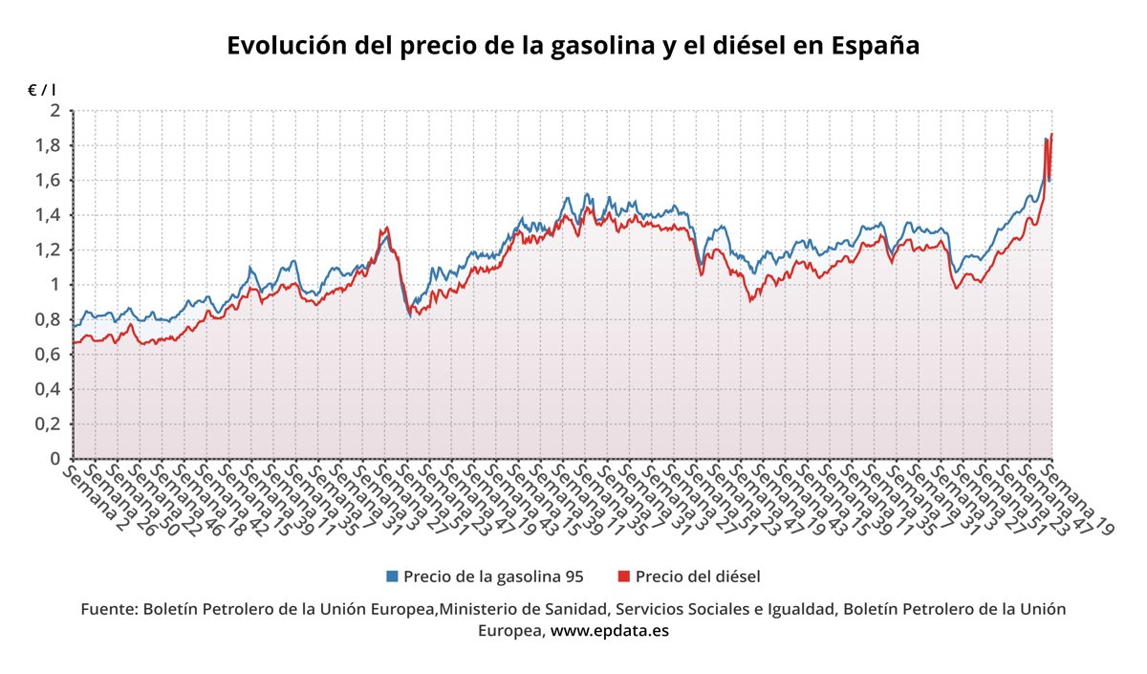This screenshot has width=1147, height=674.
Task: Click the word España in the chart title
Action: pos(876,46)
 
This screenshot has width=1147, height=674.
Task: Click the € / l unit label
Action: pos(41,90)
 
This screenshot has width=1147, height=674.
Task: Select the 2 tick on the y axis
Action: pos(54,111)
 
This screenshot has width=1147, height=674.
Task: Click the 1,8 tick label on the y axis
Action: pos(49,145)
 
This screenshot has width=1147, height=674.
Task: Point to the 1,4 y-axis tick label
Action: pos(49,215)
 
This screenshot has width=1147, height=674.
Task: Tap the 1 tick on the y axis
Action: pos(54,285)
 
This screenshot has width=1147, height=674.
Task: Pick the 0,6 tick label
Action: pos(49,355)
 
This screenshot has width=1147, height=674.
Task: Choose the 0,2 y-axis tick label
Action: pos(49,424)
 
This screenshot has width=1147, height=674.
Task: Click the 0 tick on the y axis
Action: pos(54,459)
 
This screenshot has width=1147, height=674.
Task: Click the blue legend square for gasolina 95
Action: pos(392,576)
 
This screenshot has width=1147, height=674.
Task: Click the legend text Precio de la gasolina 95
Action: pos(493,576)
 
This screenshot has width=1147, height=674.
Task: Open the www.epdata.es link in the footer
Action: pos(610,631)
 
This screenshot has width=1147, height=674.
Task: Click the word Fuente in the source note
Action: pos(107,609)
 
